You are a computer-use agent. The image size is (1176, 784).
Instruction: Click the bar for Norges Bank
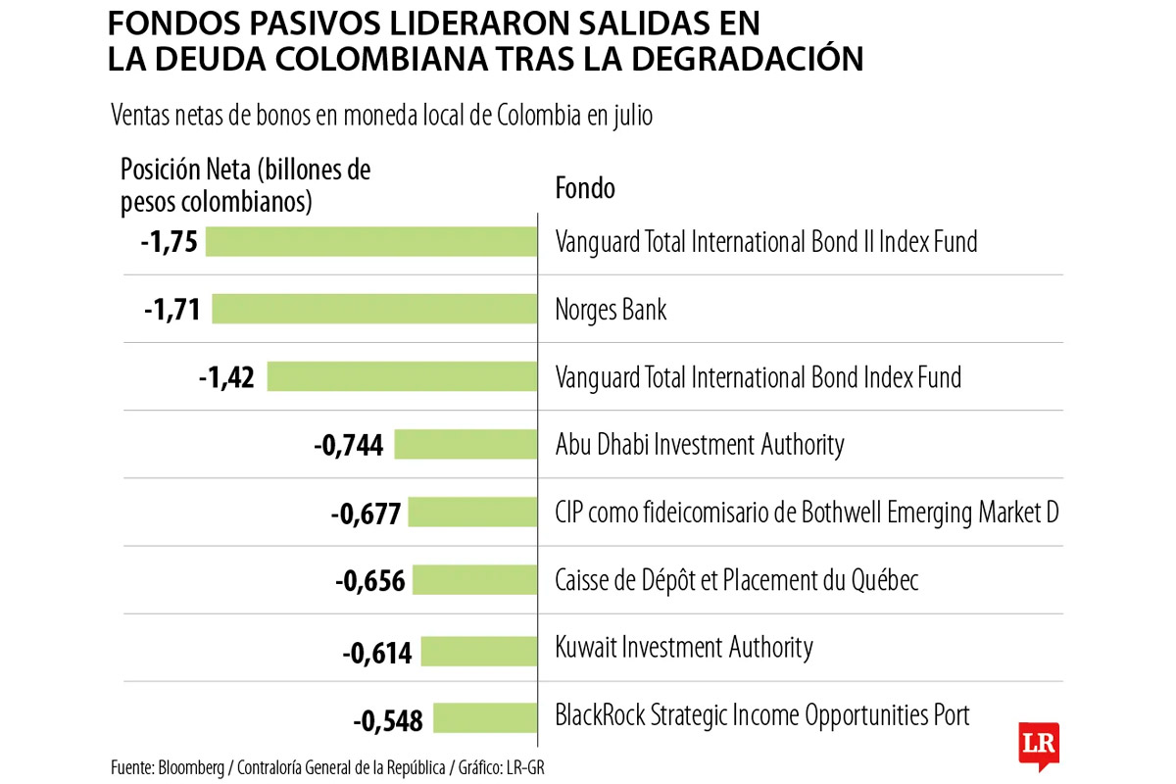pos(374,310)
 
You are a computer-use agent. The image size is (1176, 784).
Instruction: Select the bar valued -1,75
pos(371,241)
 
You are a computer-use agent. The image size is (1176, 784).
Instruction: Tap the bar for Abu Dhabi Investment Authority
pos(465,445)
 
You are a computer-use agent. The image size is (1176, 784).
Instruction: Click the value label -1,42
pos(225,378)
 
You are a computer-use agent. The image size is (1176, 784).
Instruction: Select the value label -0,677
pos(365,514)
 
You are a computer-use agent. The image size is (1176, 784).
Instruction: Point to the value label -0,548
pos(387,722)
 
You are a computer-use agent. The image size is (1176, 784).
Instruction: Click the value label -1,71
pos(171,311)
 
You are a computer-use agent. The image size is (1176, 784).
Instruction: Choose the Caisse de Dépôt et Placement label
pos(736,580)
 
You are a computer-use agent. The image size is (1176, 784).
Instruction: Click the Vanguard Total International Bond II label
pos(766,241)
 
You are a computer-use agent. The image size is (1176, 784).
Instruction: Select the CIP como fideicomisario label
pos(807,513)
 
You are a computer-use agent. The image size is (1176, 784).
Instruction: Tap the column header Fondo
pos(585,187)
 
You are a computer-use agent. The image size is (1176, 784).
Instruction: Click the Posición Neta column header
pos(245,185)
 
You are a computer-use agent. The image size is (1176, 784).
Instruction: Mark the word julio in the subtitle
pos(633,115)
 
